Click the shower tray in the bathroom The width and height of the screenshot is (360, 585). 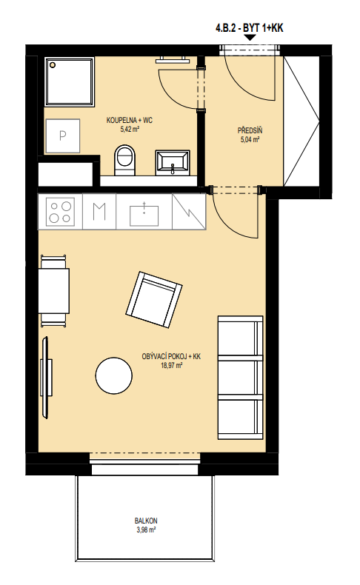coord(70,81)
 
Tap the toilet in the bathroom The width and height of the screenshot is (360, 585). coord(124,160)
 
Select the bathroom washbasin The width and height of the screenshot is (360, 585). coord(173,163)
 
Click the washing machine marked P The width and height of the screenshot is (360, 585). coord(62,136)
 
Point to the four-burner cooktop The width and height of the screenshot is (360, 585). coord(60,212)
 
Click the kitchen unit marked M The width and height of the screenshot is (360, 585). coord(99,211)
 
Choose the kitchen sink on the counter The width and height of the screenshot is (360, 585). coord(144,214)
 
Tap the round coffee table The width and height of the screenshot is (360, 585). coord(113,375)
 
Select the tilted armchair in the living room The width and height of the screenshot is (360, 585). coord(153,300)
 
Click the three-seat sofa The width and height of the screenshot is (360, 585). coord(240,378)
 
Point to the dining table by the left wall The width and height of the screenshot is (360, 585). coord(54,291)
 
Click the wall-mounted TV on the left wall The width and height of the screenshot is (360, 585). coord(46,378)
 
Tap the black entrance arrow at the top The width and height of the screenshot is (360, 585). coord(250,37)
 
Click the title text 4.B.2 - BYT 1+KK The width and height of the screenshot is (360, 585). coord(249,28)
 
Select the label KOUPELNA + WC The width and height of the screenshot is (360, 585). coord(130,121)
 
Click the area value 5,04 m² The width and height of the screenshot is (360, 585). coord(250,140)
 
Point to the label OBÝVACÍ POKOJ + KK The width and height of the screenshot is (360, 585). coord(171,356)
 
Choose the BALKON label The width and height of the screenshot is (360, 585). coord(146,521)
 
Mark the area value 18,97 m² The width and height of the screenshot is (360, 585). coord(171,366)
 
